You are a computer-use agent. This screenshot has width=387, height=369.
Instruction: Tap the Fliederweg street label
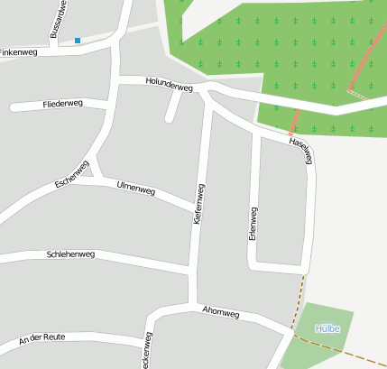tap(62, 105)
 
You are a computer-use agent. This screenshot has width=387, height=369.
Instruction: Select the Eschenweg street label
tap(71, 175)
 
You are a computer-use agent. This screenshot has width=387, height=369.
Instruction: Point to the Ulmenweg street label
tap(136, 189)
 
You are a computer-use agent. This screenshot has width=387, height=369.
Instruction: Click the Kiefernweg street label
tap(198, 205)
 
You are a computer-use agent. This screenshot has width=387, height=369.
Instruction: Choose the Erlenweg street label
tap(253, 223)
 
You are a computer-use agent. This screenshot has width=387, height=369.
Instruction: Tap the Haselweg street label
tap(301, 151)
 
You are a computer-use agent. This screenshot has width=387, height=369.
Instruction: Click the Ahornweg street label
tap(221, 313)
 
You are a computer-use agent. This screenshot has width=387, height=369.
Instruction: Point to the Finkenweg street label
tap(19, 53)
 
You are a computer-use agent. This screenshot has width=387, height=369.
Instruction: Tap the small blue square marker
tap(78, 41)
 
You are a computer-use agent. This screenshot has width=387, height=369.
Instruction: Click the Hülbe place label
tap(326, 328)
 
